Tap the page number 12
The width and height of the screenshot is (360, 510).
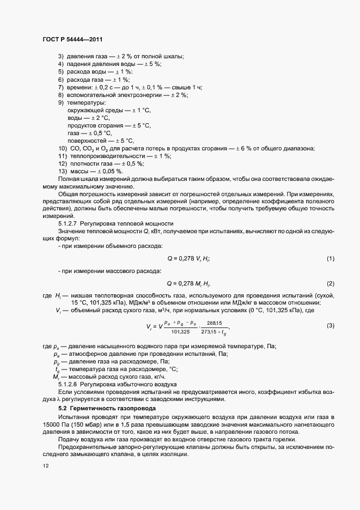[x=45, y=466]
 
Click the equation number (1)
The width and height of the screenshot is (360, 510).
[x=330, y=258]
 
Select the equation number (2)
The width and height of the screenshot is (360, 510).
[x=330, y=284]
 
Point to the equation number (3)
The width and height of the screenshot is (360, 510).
[x=330, y=326]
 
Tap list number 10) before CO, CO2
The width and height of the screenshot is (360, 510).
[x=63, y=149]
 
